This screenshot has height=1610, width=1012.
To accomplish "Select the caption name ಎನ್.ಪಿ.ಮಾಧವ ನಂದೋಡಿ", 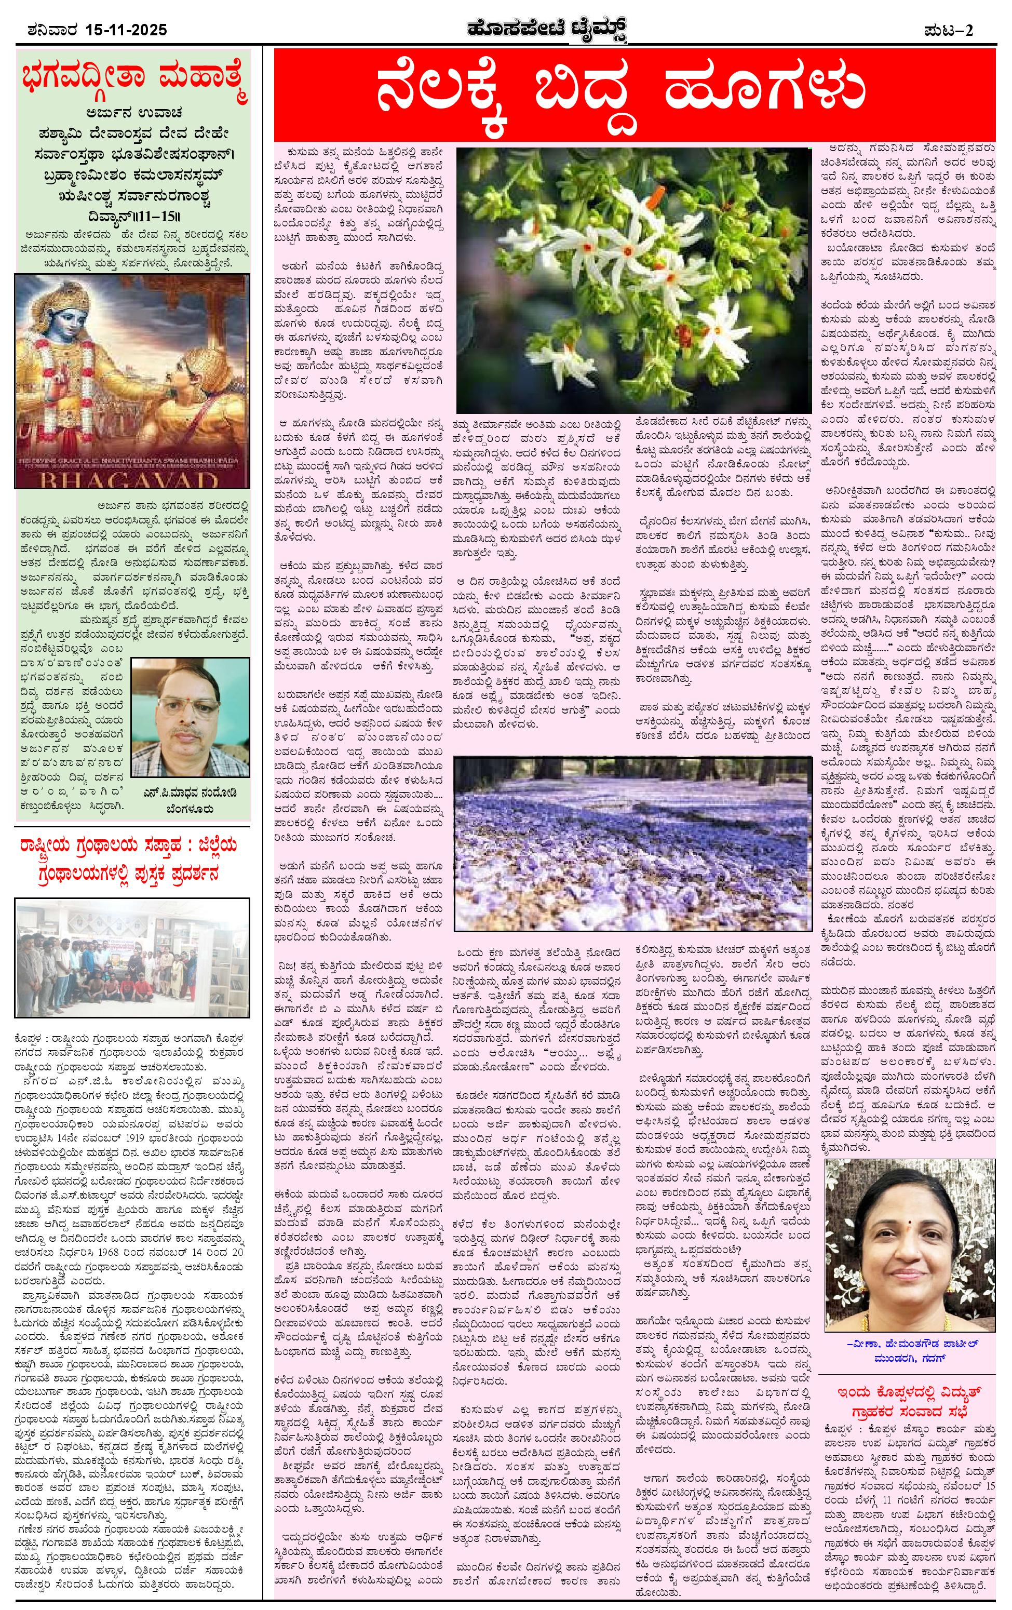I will [191, 794].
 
